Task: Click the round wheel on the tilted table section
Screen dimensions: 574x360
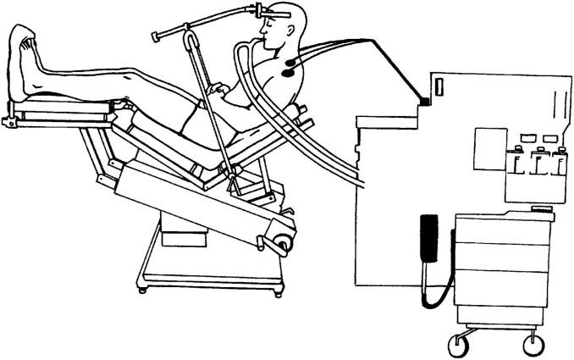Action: coord(280,243)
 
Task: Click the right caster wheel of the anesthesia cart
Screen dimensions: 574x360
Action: coord(533,344)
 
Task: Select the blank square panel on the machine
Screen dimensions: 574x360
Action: coord(490,147)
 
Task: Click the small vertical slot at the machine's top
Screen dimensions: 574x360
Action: coord(440,87)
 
